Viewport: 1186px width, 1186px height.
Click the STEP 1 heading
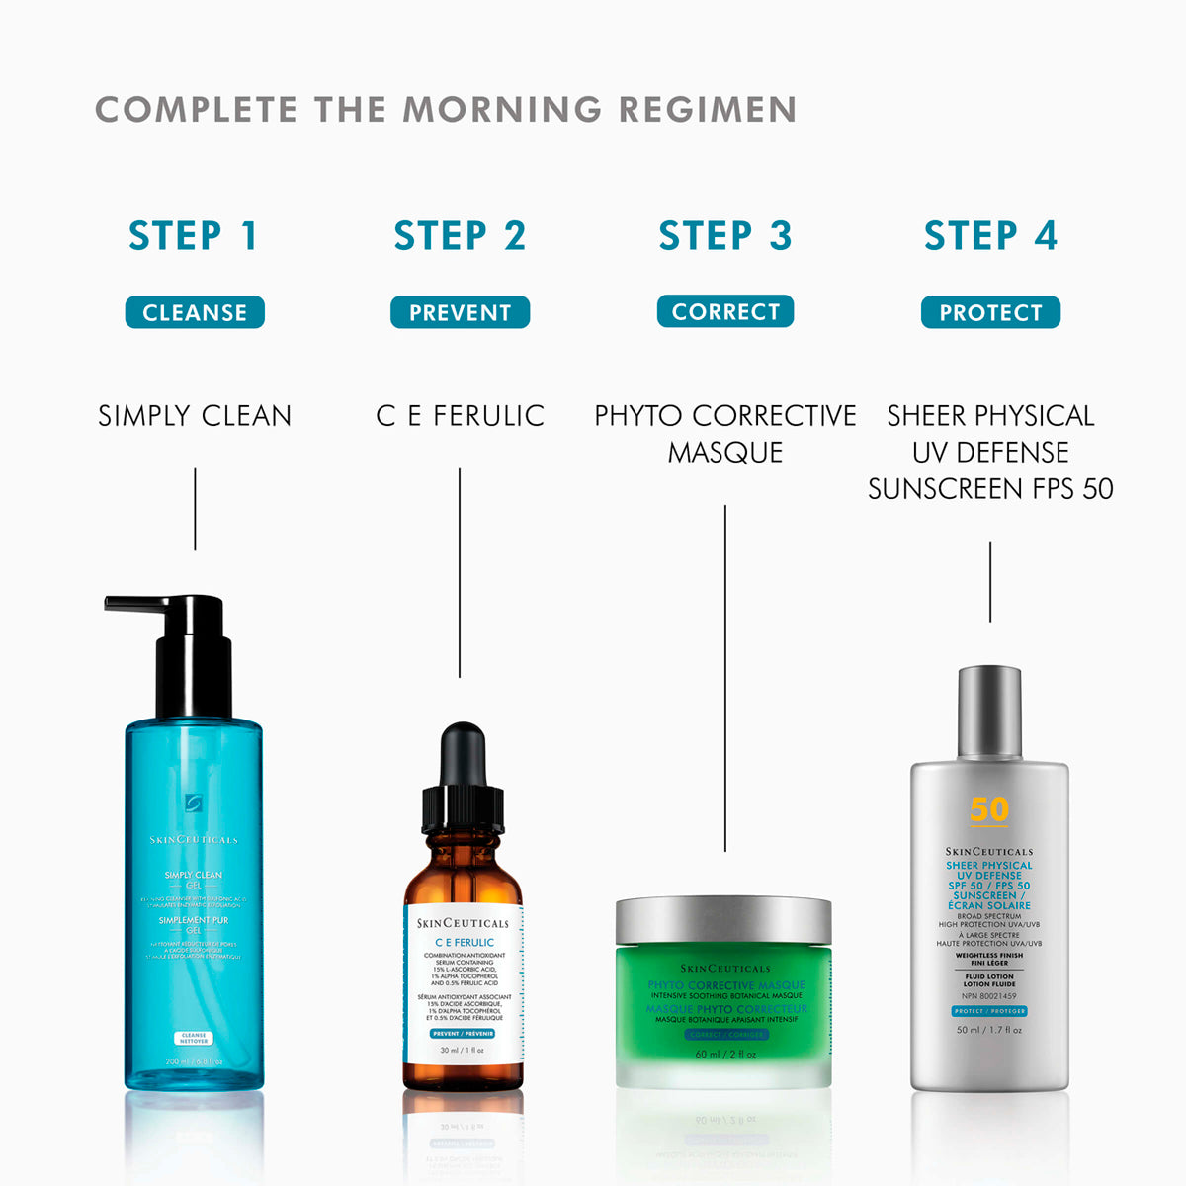click(x=194, y=236)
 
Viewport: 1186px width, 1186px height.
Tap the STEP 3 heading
click(x=724, y=236)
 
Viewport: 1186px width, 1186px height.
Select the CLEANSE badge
click(x=195, y=312)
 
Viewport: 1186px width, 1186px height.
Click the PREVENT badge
click(x=460, y=312)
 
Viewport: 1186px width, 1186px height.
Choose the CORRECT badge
click(x=725, y=311)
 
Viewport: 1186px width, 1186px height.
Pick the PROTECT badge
click(x=990, y=312)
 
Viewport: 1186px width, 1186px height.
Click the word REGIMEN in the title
click(x=708, y=109)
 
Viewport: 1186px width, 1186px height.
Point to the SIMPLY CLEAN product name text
click(x=195, y=416)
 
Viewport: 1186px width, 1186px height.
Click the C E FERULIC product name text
click(x=460, y=416)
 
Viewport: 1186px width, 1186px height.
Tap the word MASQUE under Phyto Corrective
click(x=724, y=453)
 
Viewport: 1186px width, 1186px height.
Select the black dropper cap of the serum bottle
click(x=463, y=781)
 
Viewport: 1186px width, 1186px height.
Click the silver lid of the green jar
click(x=723, y=921)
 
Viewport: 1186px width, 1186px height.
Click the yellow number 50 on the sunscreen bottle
click(x=988, y=809)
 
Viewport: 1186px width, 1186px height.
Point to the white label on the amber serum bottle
click(x=463, y=988)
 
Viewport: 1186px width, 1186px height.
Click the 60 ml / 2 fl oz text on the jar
click(x=724, y=1054)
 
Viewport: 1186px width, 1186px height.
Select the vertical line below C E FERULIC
click(x=460, y=573)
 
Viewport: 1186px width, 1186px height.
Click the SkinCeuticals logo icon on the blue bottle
click(x=194, y=803)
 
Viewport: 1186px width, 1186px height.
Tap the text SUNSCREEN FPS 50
click(x=990, y=489)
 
